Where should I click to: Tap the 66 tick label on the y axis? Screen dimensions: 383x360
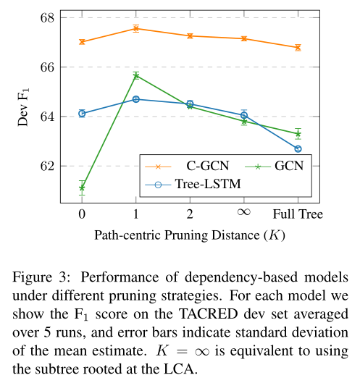46,67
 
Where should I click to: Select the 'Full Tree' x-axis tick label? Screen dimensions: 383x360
298,214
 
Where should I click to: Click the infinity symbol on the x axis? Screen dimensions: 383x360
243,214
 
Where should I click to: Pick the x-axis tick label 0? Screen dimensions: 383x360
82,214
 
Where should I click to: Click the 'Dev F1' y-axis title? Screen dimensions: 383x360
23,109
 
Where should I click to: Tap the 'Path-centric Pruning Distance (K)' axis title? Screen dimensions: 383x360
189,235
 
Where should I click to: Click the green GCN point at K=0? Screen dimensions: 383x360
82,188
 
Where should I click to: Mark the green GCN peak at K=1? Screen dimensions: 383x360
135,75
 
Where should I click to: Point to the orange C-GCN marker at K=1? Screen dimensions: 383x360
135,28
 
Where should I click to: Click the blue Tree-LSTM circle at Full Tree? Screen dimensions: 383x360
298,148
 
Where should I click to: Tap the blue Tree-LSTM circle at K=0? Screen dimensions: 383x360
82,113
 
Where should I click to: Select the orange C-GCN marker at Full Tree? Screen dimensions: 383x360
298,48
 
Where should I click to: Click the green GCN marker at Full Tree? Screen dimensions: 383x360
298,134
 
